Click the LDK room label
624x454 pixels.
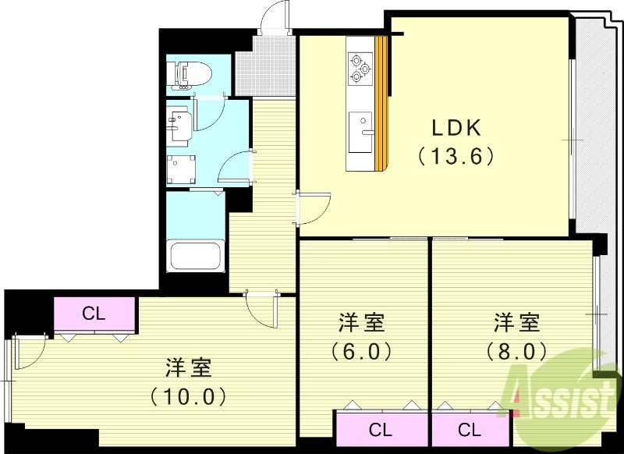coord(457,128)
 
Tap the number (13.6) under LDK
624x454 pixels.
coord(457,157)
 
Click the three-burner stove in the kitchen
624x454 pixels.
coord(360,66)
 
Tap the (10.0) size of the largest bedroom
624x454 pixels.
coord(189,395)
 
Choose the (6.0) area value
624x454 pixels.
coord(361,351)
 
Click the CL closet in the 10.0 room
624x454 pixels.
coord(94,314)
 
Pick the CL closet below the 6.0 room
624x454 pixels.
coord(381,429)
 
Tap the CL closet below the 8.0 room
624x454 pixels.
coord(469,429)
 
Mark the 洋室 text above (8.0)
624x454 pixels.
coord(516,321)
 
